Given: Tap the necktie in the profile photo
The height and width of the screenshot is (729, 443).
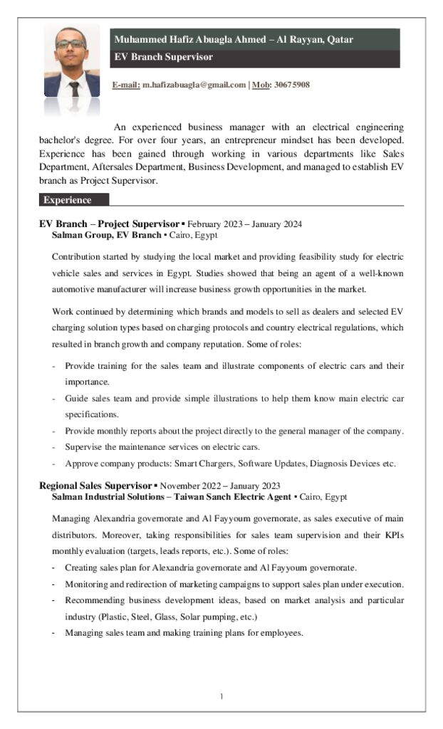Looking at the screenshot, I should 73,88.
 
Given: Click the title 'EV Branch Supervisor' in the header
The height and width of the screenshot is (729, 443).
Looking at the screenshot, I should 164,57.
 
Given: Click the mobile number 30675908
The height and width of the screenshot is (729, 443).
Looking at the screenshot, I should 292,85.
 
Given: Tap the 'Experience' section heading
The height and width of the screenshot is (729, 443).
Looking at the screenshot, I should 67,200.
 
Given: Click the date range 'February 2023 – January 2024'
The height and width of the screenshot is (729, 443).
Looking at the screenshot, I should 244,224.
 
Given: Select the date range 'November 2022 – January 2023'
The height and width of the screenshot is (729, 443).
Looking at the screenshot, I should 220,486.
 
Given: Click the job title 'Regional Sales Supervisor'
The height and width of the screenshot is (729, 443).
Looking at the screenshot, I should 95,486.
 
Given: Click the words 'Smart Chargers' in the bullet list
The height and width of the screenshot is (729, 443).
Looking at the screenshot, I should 204,463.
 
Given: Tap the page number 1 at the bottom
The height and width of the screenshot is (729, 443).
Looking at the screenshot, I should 221,696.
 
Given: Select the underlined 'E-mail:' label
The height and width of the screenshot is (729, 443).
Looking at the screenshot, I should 126,85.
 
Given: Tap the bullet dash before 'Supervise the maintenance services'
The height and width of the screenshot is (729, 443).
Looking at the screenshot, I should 54,447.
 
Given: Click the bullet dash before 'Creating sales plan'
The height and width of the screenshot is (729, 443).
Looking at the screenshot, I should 54,567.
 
